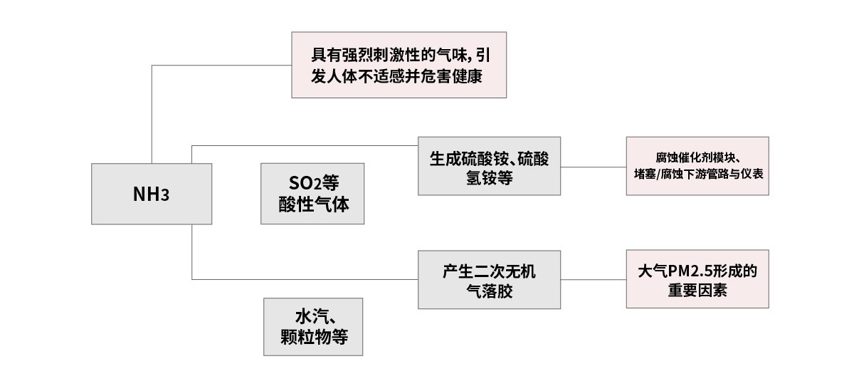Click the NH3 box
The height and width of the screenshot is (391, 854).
152,194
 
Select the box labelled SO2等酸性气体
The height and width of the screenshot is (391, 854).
312,194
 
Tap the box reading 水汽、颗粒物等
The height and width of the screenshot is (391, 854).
313,326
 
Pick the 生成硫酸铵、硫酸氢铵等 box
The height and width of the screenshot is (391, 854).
489,166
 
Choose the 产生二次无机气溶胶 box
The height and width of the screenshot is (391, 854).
489,279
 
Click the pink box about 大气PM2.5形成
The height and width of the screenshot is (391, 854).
697,278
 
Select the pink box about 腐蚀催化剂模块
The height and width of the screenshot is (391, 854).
697,165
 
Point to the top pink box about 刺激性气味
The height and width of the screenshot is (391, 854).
399,65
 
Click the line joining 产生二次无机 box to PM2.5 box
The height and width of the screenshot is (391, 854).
594,279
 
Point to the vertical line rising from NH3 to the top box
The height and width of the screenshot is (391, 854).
152,114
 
